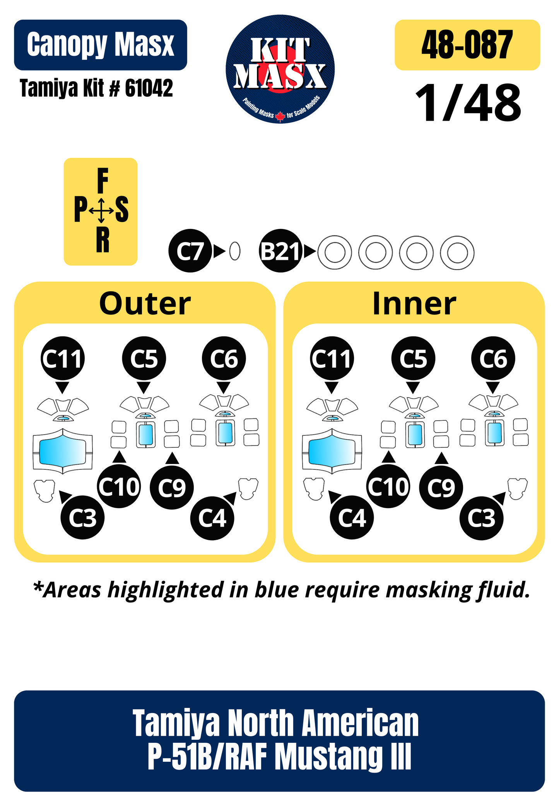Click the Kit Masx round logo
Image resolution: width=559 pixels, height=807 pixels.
pos(280,69)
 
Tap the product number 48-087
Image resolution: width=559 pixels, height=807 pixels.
pos(467,45)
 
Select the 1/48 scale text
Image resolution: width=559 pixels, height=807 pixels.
pos(468,103)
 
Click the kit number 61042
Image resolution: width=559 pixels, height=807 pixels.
pos(149,88)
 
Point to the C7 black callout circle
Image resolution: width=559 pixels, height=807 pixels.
pos(190,251)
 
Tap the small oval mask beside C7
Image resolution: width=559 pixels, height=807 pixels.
pos(234,251)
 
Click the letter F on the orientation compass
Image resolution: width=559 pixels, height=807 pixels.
pos(102,181)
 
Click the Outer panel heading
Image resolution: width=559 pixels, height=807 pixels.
pos(145,304)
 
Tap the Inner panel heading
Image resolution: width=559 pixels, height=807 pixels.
pos(414,304)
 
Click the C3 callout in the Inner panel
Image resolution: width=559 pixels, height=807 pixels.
pos(482,518)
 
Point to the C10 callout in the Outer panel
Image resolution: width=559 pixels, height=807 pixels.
pos(119,486)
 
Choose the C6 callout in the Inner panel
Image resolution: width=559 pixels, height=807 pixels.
pos(493,358)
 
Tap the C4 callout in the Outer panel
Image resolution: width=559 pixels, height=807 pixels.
pos(212,518)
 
